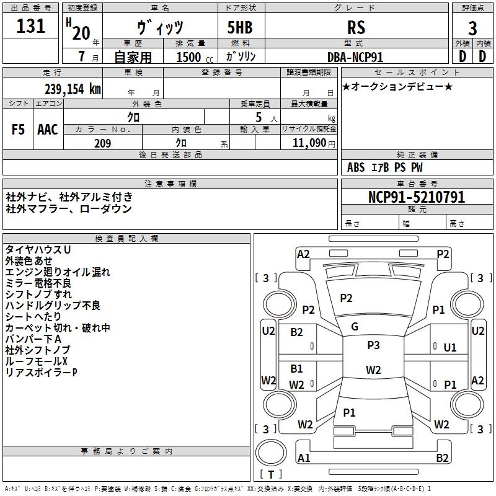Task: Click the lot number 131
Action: [30, 26]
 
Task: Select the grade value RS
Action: [356, 27]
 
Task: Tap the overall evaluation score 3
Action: [472, 28]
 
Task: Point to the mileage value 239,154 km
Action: [73, 89]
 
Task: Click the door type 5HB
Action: [240, 27]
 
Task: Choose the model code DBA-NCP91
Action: [355, 57]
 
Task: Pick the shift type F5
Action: [18, 130]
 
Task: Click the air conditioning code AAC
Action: [48, 130]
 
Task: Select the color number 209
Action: [102, 143]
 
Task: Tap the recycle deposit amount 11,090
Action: [309, 143]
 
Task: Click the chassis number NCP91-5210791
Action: [417, 197]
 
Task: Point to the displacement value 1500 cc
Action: [195, 57]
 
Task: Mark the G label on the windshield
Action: [355, 327]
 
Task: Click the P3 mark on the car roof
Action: [373, 345]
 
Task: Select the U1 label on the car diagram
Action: [450, 348]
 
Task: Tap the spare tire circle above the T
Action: [271, 453]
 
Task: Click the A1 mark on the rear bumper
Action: [304, 458]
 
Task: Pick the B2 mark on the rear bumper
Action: [442, 458]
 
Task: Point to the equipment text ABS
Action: [356, 167]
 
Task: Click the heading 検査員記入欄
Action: [126, 239]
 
